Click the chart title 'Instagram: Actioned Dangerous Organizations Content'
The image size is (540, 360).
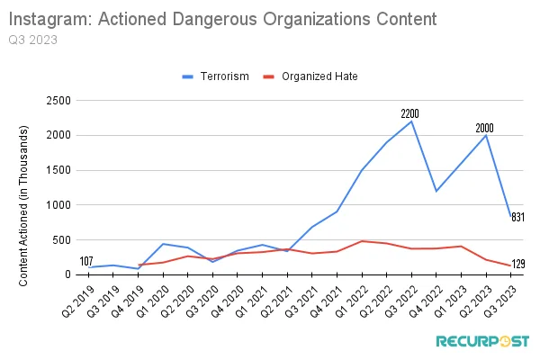point(224,18)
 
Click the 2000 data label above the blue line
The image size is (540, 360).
point(485,128)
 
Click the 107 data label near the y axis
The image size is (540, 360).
point(87,262)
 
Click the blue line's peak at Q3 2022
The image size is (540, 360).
point(411,121)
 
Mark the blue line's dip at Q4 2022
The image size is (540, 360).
point(436,191)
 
